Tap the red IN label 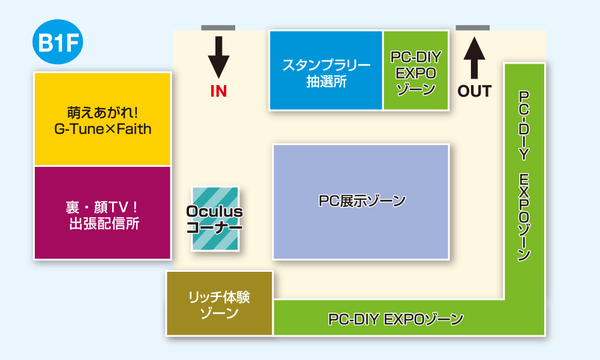pyautogui.click(x=219, y=91)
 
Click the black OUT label pyautogui.click(x=476, y=91)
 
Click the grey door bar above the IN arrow pyautogui.click(x=218, y=27)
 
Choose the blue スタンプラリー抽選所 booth pyautogui.click(x=326, y=70)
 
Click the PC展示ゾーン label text pyautogui.click(x=361, y=202)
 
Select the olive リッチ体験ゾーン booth pyautogui.click(x=219, y=304)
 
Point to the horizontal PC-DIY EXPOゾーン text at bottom pyautogui.click(x=396, y=319)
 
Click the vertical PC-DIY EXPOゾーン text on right pyautogui.click(x=523, y=176)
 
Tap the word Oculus pyautogui.click(x=215, y=211)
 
